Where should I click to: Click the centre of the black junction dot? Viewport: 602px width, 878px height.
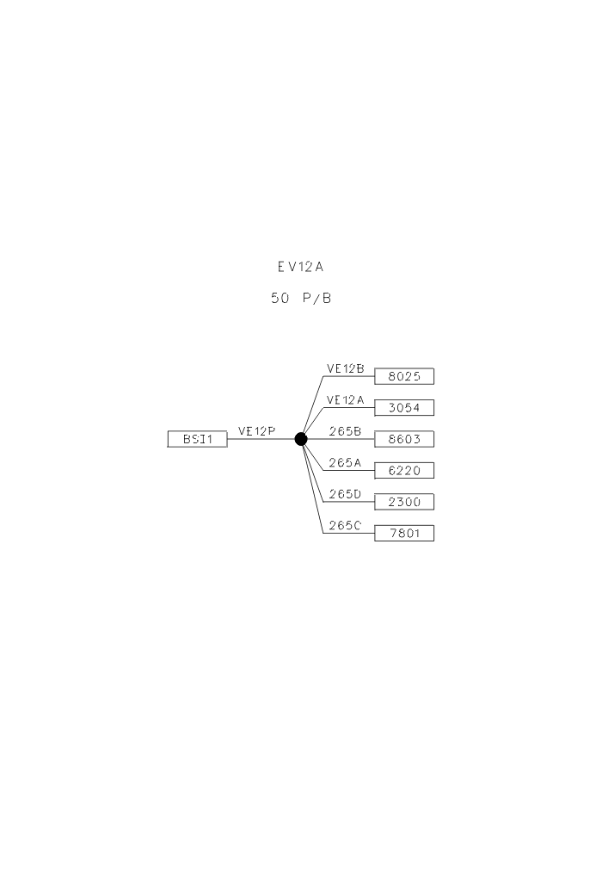click(301, 439)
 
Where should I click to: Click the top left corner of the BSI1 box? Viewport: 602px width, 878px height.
click(168, 431)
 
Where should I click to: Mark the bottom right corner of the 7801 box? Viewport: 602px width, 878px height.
click(434, 541)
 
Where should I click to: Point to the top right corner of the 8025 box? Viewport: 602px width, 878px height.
click(434, 368)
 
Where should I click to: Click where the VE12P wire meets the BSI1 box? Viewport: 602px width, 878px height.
click(227, 439)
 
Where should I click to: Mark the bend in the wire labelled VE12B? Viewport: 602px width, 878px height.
click(323, 376)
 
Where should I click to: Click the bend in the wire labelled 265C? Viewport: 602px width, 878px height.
click(323, 533)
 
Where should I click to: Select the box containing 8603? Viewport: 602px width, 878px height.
click(404, 439)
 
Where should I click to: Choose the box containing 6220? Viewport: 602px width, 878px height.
click(404, 470)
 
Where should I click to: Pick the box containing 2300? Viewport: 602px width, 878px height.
click(404, 502)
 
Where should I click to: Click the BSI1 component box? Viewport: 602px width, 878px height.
click(198, 439)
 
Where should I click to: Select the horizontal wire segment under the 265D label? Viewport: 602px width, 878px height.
click(349, 502)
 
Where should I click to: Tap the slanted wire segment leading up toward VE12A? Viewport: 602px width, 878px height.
click(312, 424)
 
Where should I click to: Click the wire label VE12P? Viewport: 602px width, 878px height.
click(257, 431)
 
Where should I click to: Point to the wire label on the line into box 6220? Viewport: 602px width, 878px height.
click(345, 462)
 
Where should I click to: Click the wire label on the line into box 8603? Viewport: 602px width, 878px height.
click(345, 431)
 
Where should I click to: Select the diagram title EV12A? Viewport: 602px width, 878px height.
click(300, 267)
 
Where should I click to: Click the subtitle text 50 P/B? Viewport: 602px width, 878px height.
click(301, 298)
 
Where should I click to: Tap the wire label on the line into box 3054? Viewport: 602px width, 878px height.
click(345, 399)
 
